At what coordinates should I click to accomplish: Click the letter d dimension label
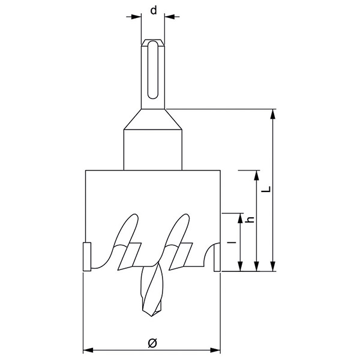point(154,11)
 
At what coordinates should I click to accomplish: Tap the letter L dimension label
point(266,189)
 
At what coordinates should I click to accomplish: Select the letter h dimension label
point(250,220)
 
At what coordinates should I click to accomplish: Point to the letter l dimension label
point(233,242)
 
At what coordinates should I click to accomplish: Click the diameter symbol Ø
point(152,343)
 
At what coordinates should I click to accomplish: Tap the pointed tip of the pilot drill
point(152,317)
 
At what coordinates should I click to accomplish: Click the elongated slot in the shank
point(152,70)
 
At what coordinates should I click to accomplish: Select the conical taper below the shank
point(153,119)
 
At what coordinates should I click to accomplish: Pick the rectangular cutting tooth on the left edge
point(87,257)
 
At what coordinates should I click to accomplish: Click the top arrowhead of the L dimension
point(273,114)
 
